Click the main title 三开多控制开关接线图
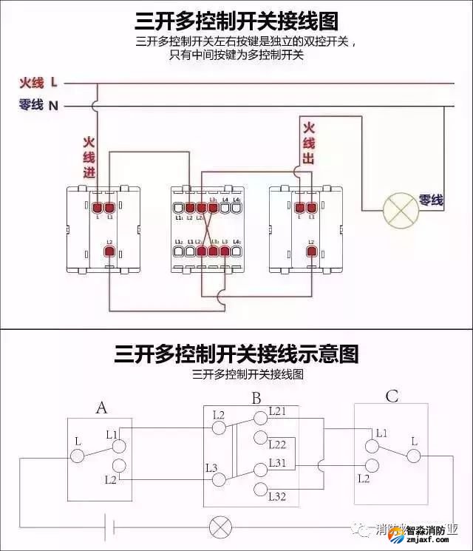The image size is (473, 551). tap(236, 20)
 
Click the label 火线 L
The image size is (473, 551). tap(38, 82)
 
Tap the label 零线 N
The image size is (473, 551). tap(38, 106)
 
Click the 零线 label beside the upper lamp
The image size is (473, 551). tap(431, 200)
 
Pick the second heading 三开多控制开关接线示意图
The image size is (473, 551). tap(236, 354)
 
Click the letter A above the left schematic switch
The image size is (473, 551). tap(102, 408)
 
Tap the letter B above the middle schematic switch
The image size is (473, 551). tap(256, 399)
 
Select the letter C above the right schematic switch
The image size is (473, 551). tap(392, 396)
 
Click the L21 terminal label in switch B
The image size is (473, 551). tap(277, 410)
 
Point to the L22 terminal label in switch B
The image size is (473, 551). tap(277, 444)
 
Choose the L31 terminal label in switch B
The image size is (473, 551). tap(277, 462)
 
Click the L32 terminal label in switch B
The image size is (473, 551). tap(277, 496)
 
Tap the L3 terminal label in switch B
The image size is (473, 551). tap(211, 467)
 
